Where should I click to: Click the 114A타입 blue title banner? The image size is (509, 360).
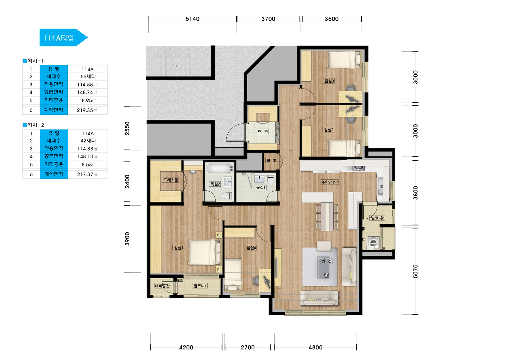(x=63, y=38)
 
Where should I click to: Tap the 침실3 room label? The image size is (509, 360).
(x=329, y=81)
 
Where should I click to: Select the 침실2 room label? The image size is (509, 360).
(x=329, y=129)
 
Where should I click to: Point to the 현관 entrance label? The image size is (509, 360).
(x=263, y=132)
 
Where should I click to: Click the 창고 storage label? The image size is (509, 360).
(x=271, y=161)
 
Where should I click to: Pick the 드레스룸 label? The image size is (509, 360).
(x=171, y=180)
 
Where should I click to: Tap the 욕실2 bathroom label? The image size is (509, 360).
(x=215, y=184)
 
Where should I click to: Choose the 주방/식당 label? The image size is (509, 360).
(x=329, y=182)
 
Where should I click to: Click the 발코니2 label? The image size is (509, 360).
(x=378, y=218)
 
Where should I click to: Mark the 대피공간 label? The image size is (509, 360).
(x=162, y=286)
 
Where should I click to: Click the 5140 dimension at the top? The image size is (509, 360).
(x=193, y=19)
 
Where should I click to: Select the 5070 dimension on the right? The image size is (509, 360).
(x=415, y=271)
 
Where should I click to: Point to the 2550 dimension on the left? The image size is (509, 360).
(x=127, y=128)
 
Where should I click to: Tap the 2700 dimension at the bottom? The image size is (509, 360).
(x=248, y=347)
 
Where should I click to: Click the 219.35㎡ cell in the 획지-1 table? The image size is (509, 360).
(x=87, y=110)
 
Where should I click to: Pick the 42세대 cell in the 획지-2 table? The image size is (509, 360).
(x=88, y=141)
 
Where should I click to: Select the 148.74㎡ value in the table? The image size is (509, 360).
(x=87, y=92)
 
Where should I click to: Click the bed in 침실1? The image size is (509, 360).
(x=204, y=252)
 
